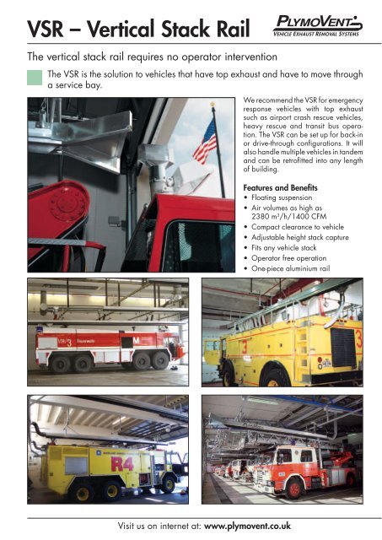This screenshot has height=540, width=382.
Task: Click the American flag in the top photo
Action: tap(205, 141)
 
